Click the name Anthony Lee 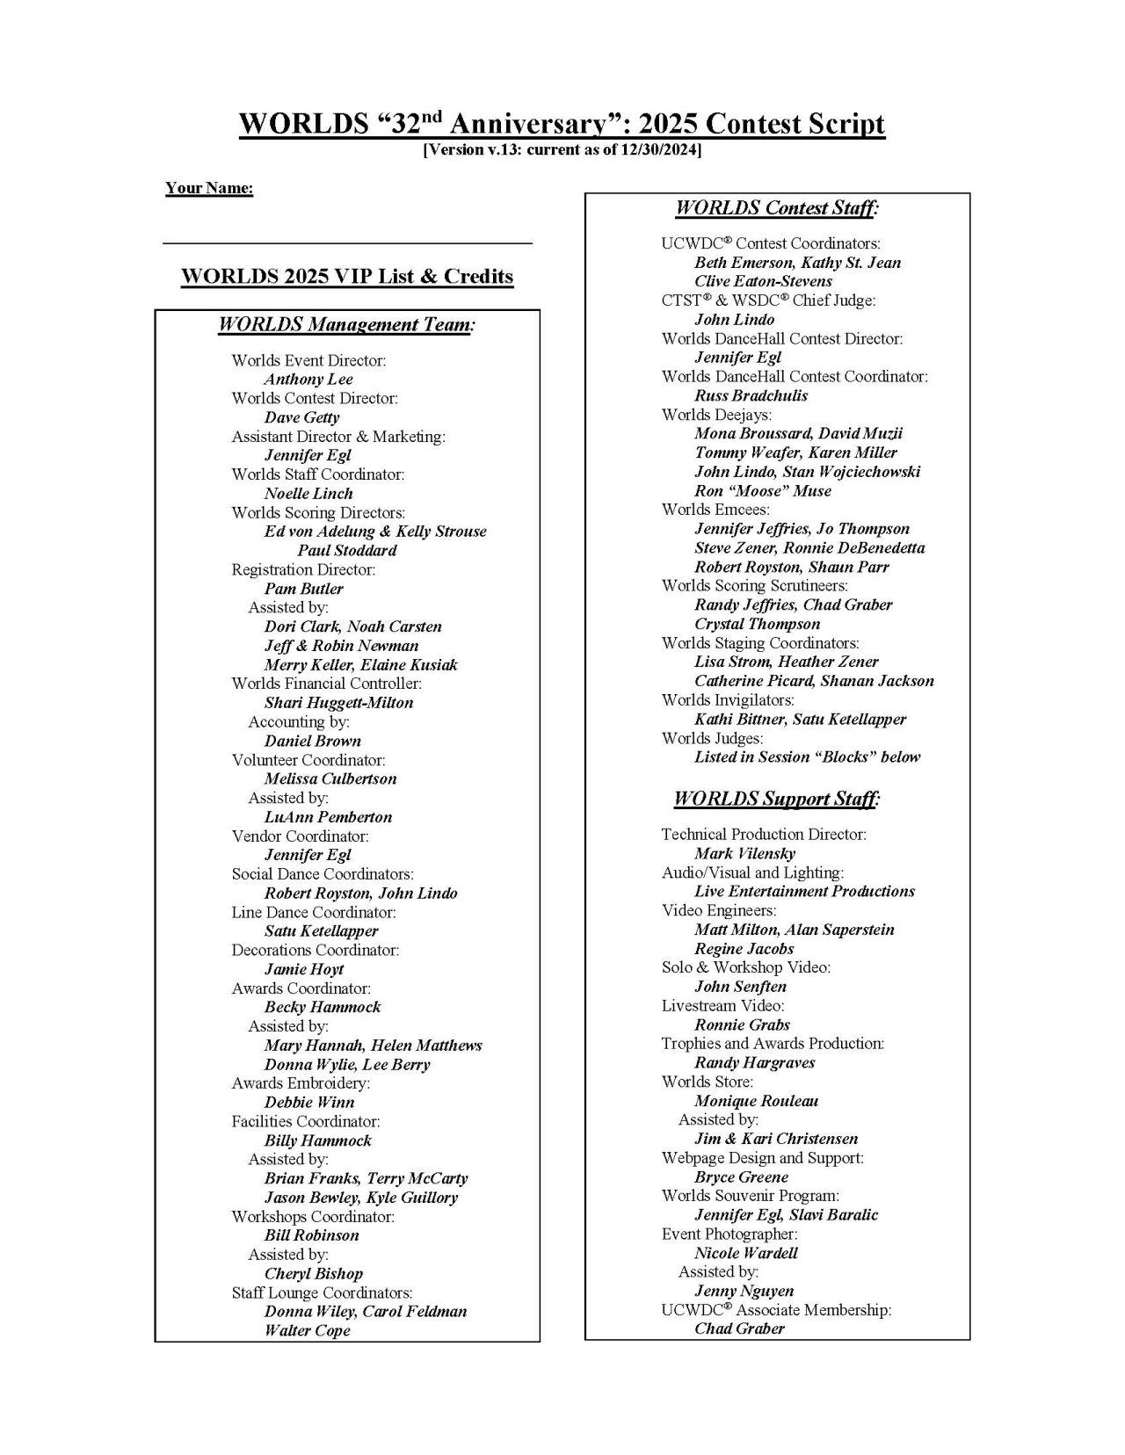[308, 380]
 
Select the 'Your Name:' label [209, 188]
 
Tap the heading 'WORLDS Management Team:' [346, 325]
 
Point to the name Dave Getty [301, 417]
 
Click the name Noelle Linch [308, 494]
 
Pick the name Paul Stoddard [346, 551]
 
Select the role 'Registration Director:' [303, 569]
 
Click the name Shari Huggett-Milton [338, 703]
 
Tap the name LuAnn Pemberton [328, 817]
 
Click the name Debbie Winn [308, 1103]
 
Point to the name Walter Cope [307, 1330]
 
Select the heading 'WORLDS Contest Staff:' [777, 208]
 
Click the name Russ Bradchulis [751, 395]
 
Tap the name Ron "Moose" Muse [762, 491]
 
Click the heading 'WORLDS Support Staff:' [777, 799]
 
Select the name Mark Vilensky [744, 853]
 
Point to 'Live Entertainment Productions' [804, 892]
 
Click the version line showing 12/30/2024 [562, 150]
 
